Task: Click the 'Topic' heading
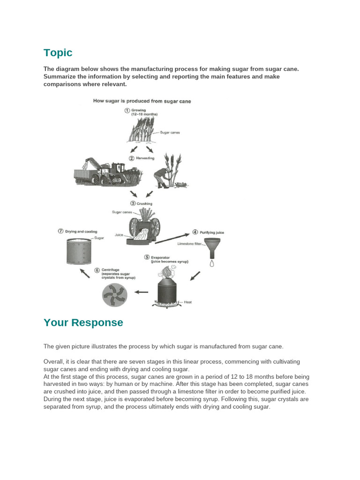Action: tap(58, 52)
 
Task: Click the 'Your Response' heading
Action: tap(83, 322)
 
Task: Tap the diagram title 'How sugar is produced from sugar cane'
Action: tap(142, 101)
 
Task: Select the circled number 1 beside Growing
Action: tap(127, 111)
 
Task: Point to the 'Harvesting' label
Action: tap(145, 158)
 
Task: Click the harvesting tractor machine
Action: tap(107, 172)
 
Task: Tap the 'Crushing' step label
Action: tap(144, 203)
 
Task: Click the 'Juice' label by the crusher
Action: tap(119, 235)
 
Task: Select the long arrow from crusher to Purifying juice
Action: tap(172, 239)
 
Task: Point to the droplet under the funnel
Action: tap(212, 263)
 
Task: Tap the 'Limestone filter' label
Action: tap(189, 244)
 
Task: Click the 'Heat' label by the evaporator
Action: tap(188, 302)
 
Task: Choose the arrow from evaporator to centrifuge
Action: tap(141, 292)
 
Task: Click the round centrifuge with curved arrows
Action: tap(114, 295)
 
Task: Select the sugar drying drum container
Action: tap(79, 251)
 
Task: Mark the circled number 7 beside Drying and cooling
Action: tap(60, 231)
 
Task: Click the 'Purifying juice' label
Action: tap(212, 232)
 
